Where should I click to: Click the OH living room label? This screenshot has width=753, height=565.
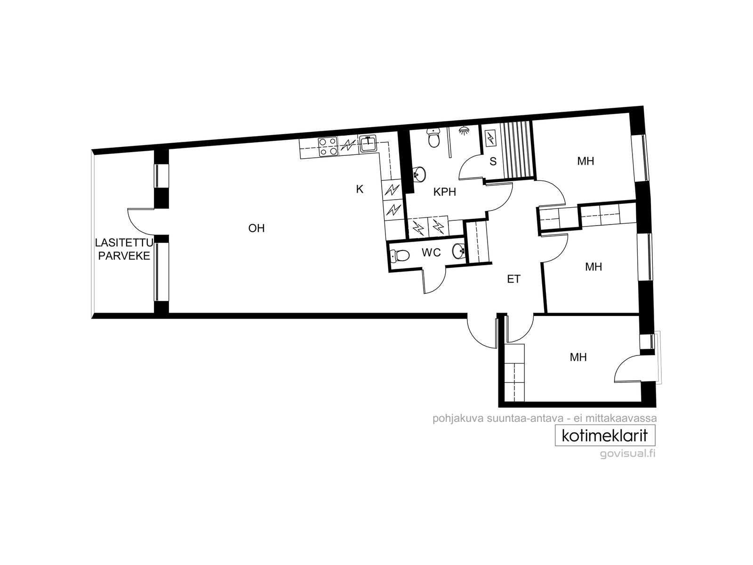(x=256, y=228)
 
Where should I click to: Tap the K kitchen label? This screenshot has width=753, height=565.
(x=359, y=189)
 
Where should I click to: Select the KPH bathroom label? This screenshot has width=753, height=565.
(x=445, y=192)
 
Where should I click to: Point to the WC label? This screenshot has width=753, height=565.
(x=431, y=252)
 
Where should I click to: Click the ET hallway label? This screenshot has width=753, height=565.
(x=513, y=279)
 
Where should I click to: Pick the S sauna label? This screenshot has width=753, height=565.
(x=493, y=161)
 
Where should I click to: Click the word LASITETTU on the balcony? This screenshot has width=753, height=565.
(x=124, y=243)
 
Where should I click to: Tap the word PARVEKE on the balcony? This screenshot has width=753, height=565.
(x=124, y=256)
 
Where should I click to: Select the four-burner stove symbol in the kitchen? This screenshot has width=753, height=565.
(x=327, y=146)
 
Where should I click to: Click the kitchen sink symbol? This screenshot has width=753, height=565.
(x=368, y=144)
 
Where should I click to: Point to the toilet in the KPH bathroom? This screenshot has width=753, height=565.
(x=434, y=138)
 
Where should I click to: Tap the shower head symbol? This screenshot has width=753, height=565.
(x=465, y=130)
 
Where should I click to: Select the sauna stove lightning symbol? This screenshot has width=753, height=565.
(x=491, y=138)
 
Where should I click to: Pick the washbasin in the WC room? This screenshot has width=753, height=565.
(x=459, y=251)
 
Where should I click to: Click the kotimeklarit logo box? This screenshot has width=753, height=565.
(x=605, y=436)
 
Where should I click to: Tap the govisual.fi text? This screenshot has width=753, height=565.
(x=627, y=453)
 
